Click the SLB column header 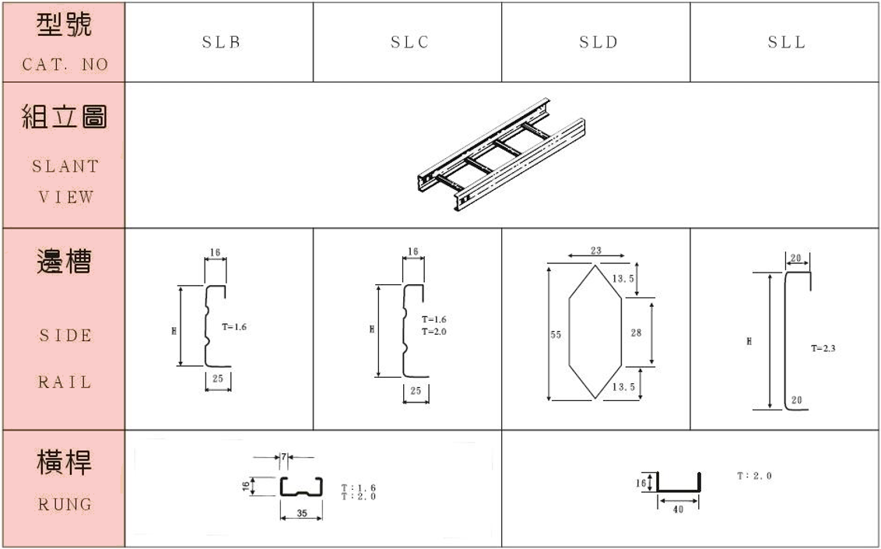[x=220, y=43]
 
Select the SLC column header [x=409, y=43]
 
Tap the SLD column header [x=598, y=43]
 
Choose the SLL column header [x=786, y=43]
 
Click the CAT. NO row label [x=65, y=65]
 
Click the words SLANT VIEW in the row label [x=65, y=181]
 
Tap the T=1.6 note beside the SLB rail [x=233, y=328]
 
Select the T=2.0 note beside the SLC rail [x=434, y=332]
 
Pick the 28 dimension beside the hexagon [x=636, y=333]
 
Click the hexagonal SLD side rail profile [x=595, y=332]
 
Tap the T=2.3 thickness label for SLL [x=823, y=349]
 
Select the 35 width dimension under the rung [x=300, y=514]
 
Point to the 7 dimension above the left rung [x=285, y=456]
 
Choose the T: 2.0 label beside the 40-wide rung [x=754, y=476]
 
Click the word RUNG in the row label [x=65, y=505]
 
